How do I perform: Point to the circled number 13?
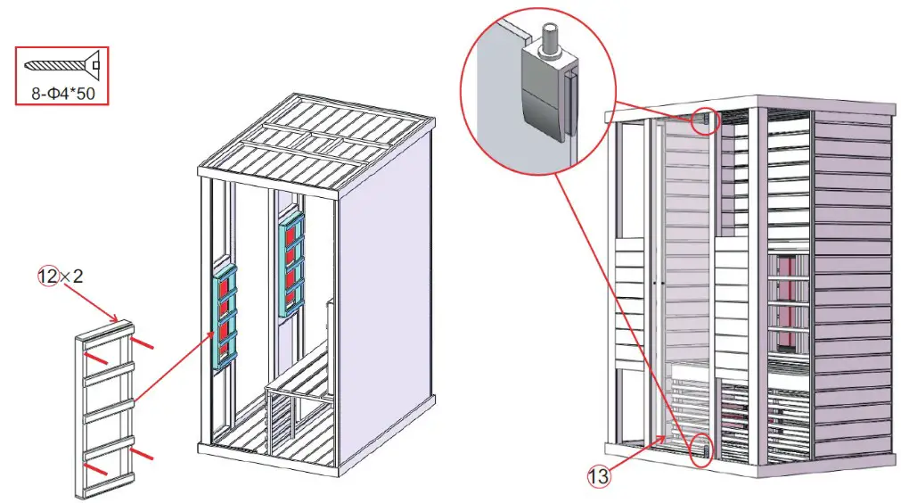pyautogui.click(x=598, y=476)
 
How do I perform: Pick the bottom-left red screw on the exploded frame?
pyautogui.click(x=97, y=467)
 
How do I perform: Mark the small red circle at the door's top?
pyautogui.click(x=705, y=120)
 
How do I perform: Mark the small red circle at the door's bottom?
pyautogui.click(x=700, y=450)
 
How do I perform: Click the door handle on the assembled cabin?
pyautogui.click(x=656, y=284)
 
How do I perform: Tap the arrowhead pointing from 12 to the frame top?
pyautogui.click(x=117, y=318)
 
